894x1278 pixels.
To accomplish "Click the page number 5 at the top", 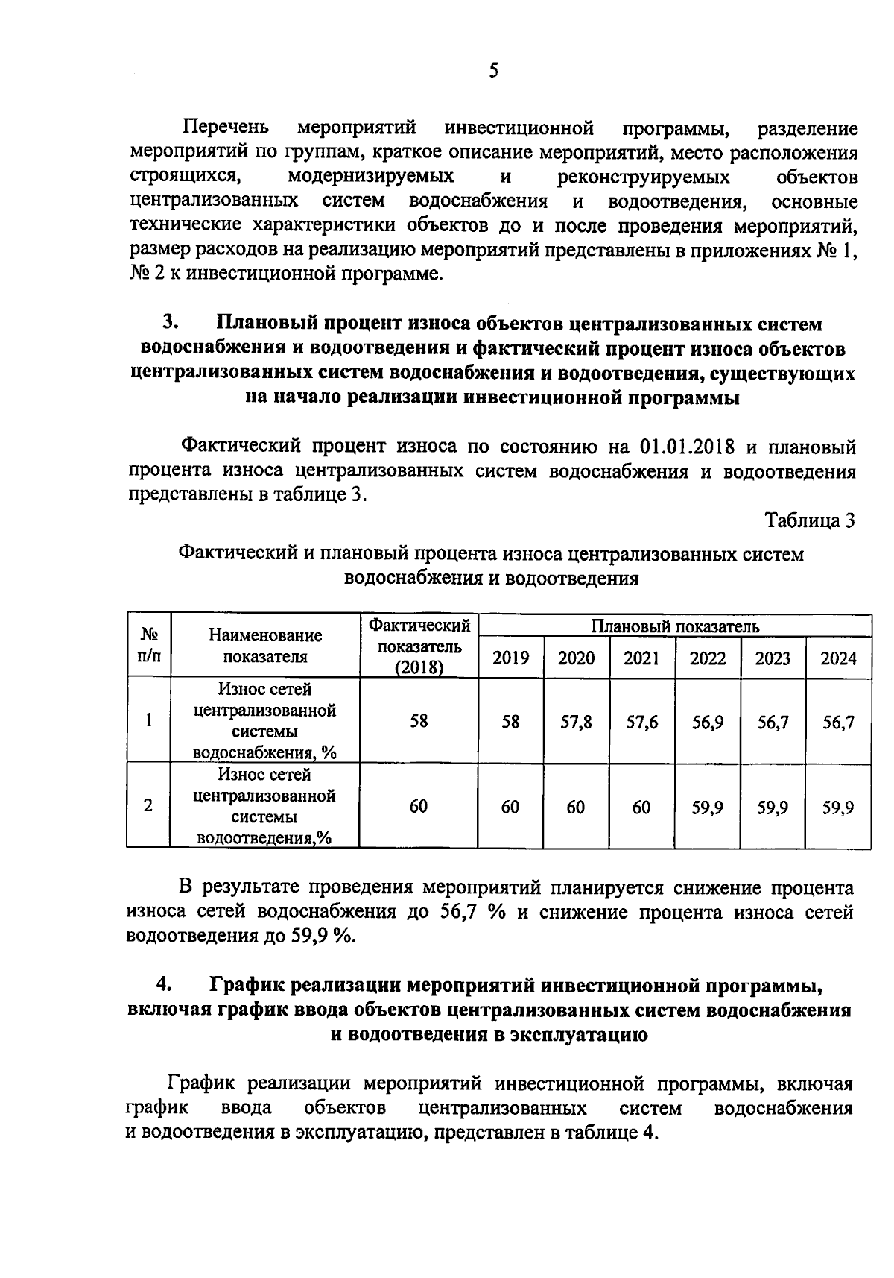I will (x=493, y=71).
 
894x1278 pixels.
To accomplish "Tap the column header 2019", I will (x=511, y=658).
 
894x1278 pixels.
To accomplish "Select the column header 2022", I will (x=707, y=658).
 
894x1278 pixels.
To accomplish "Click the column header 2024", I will (x=839, y=658).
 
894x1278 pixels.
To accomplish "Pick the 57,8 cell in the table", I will (x=576, y=722).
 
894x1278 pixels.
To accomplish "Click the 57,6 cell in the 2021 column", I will (x=641, y=722).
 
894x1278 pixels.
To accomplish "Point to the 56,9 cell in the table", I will (x=707, y=722).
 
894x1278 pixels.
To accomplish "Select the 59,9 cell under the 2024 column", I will (x=839, y=807).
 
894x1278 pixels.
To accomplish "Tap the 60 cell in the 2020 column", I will (x=576, y=807).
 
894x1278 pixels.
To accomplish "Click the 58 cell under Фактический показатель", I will (x=419, y=722).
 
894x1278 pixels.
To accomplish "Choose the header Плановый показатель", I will (x=675, y=626).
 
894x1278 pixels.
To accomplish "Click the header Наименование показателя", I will (x=265, y=646).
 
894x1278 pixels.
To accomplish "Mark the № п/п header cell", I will (x=149, y=646).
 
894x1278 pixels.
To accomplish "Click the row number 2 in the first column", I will (x=149, y=806).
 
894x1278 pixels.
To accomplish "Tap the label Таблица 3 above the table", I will (x=810, y=521).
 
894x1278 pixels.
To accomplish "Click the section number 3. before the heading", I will (x=171, y=323).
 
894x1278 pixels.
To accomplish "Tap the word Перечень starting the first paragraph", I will (x=226, y=128).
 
